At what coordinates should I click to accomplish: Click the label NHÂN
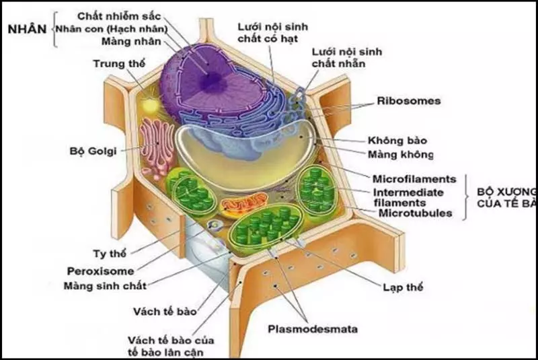click(x=26, y=30)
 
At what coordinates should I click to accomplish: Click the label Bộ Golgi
click(x=93, y=150)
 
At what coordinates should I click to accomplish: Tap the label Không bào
click(x=397, y=141)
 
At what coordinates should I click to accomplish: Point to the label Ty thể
click(x=109, y=254)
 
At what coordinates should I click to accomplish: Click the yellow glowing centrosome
click(x=152, y=106)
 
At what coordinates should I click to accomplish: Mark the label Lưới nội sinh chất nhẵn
click(x=340, y=57)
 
